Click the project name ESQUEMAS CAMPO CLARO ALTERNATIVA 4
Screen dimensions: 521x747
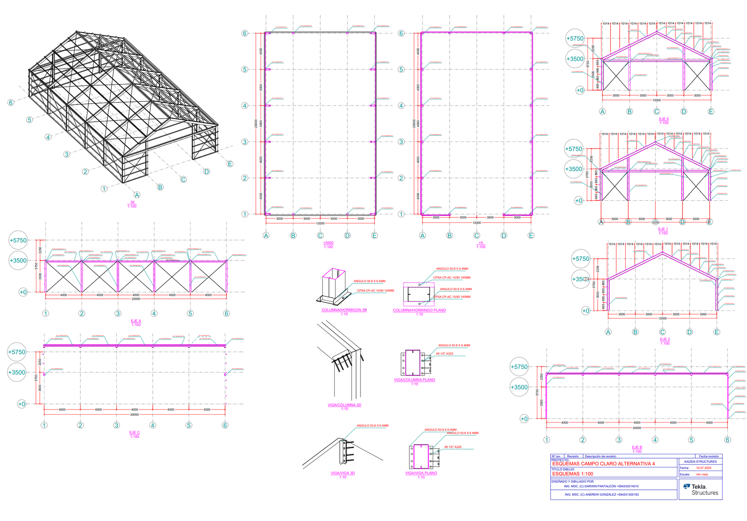[603, 464]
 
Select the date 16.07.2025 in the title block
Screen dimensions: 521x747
[704, 468]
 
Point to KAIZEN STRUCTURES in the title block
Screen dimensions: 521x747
[700, 461]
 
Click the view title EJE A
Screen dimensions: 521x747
[136, 321]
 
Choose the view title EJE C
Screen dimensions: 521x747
[134, 433]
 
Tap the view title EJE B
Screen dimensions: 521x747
[637, 447]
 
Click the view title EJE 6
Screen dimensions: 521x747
[663, 119]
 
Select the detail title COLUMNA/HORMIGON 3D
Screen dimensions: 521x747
[344, 310]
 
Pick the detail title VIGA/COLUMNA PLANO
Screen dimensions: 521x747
[414, 380]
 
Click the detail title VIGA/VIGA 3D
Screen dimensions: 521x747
[343, 473]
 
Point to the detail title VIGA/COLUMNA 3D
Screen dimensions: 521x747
[344, 405]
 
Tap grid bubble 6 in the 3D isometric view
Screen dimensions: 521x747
[11, 103]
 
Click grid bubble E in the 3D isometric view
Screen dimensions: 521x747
[230, 164]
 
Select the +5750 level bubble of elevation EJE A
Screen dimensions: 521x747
[18, 240]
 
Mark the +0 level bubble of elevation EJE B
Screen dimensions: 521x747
[524, 419]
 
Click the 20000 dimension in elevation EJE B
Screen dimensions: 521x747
[637, 428]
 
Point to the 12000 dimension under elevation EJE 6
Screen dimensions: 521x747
[656, 100]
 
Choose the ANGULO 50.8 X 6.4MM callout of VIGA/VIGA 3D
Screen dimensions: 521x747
[372, 426]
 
